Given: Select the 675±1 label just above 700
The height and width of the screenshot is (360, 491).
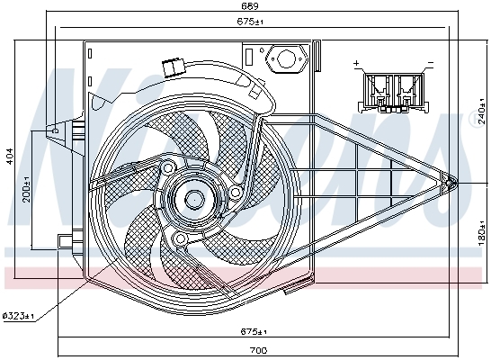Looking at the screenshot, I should (259, 328).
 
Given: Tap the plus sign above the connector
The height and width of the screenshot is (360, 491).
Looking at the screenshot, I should (357, 64).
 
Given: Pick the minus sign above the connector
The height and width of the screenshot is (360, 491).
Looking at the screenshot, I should (431, 64).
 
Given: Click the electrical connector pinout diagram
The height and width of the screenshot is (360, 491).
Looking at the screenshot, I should (393, 91).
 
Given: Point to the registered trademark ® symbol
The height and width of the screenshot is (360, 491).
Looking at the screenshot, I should (474, 118).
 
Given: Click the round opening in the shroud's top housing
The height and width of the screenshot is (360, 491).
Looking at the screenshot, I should (288, 59).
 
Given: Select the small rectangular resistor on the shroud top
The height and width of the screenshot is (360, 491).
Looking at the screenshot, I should (169, 67).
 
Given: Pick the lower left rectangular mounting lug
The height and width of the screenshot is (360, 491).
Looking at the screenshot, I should (65, 242).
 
